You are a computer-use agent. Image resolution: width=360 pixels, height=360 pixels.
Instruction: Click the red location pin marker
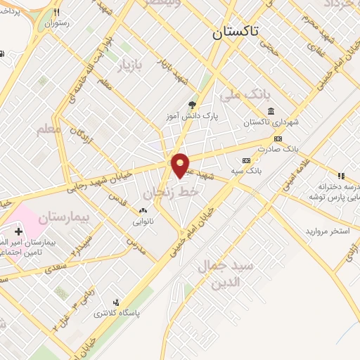[x=181, y=165]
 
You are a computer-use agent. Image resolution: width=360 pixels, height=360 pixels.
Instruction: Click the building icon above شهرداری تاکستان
[x=271, y=110]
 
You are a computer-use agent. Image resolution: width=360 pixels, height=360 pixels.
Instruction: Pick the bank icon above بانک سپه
[x=245, y=160]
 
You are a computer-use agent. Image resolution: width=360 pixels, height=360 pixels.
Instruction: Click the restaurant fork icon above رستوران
[x=57, y=12]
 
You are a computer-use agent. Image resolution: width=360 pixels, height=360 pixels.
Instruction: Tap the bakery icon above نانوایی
[x=143, y=210]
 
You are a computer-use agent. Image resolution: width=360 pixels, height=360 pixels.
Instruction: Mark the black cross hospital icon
[x=18, y=231]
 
